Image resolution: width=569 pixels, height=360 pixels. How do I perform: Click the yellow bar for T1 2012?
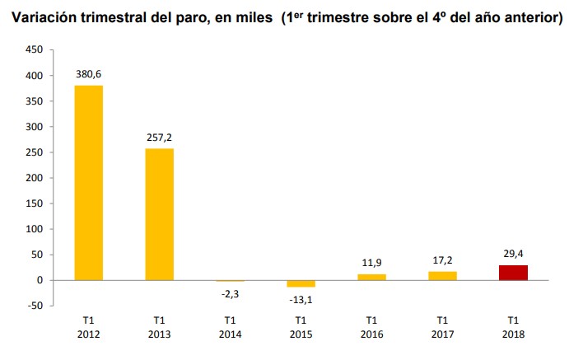pos(89,183)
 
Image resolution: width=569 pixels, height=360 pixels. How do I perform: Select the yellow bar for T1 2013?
pos(160,214)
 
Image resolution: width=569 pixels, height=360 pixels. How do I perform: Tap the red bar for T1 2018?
pos(513,273)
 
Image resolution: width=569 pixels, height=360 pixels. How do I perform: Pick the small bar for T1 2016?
pos(371,277)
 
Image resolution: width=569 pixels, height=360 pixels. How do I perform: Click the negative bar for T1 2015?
pos(301,283)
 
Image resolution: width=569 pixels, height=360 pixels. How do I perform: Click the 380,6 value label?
pos(89,74)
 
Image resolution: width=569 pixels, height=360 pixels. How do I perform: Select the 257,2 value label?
pos(160,138)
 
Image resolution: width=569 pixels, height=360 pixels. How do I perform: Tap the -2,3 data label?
pos(231,293)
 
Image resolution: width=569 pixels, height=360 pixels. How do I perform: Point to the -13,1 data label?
pos(301,299)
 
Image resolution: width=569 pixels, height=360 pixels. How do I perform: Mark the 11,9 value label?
pos(371,263)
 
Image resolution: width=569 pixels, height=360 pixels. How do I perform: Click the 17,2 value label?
pos(442,260)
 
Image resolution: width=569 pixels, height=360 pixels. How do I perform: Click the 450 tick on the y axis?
pos(34,50)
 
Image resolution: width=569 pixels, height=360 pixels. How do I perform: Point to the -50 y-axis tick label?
pos(34,306)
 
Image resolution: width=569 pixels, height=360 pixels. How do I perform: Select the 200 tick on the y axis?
pos(34,178)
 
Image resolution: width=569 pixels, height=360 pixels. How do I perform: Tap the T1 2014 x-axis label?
pos(231,327)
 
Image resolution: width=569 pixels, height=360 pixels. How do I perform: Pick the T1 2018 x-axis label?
pos(513,327)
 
